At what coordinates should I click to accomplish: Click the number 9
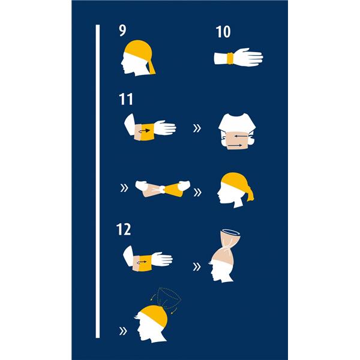[x=122, y=31]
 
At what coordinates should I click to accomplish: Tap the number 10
[x=223, y=32]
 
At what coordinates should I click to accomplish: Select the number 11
[x=126, y=99]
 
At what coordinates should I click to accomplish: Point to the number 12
[x=124, y=229]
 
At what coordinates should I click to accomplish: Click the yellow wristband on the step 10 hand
[x=230, y=58]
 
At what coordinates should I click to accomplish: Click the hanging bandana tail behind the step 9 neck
[x=152, y=68]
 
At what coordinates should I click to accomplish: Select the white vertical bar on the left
[x=98, y=181]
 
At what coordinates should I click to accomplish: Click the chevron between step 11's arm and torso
[x=197, y=128]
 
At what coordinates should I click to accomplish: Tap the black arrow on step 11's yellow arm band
[x=145, y=131]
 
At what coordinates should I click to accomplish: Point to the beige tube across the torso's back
[x=237, y=140]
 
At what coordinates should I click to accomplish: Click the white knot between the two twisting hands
[x=163, y=189]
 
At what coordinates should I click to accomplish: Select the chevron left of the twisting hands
[x=124, y=188]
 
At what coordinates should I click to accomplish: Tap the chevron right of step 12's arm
[x=197, y=266]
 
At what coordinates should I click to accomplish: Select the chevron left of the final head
[x=123, y=331]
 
